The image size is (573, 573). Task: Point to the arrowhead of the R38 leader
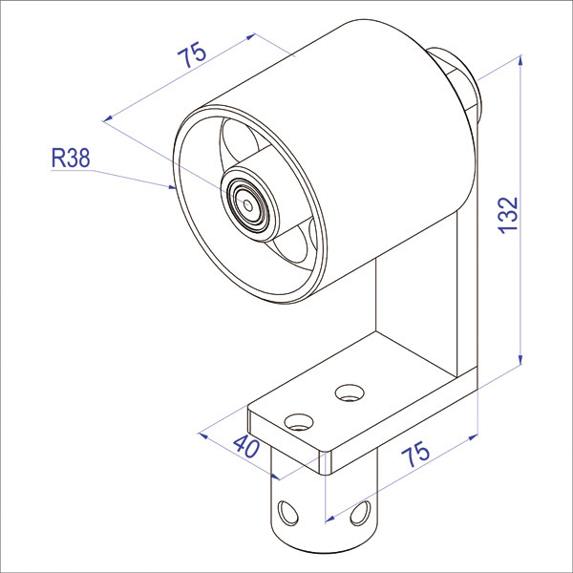(x=174, y=187)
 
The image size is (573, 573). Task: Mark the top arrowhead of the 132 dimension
(x=520, y=60)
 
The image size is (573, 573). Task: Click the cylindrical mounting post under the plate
(x=325, y=506)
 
